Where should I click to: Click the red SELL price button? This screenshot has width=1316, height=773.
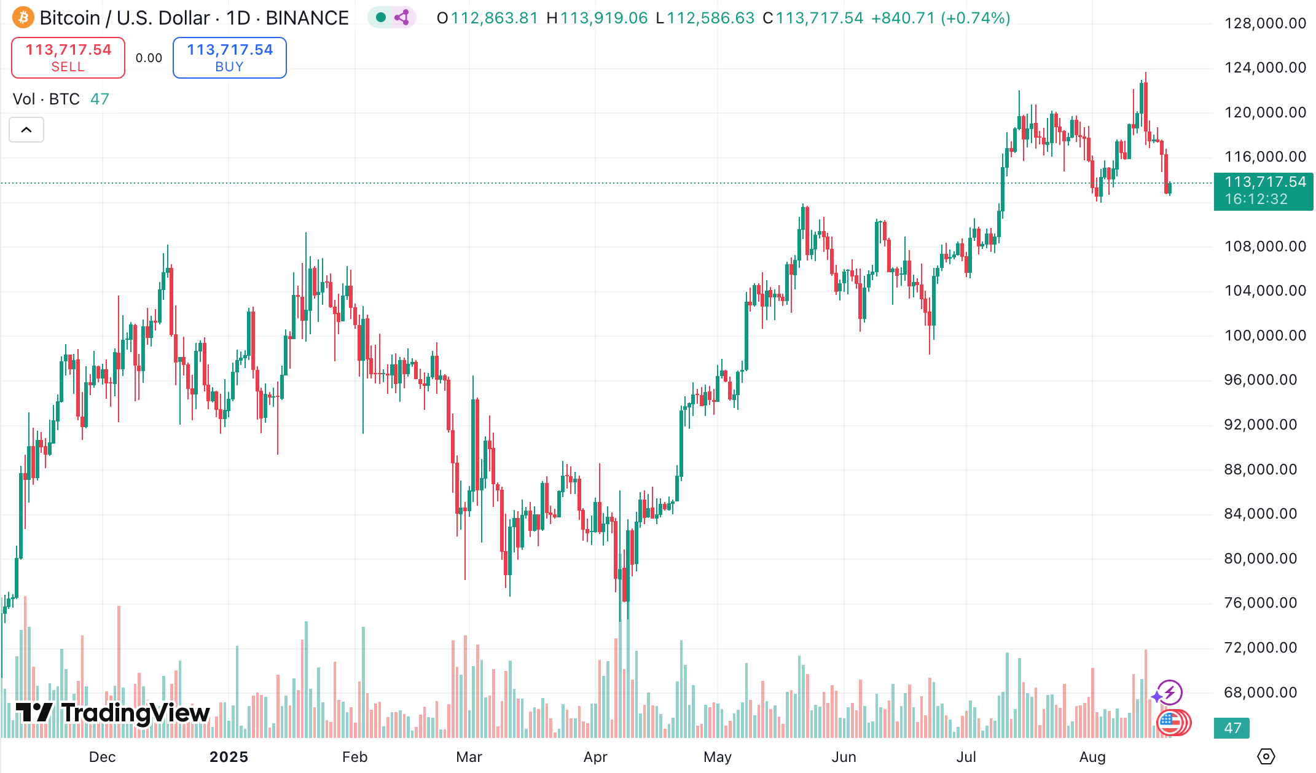[68, 58]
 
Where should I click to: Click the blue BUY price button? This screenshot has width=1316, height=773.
[230, 58]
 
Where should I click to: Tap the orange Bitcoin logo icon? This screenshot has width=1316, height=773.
[23, 17]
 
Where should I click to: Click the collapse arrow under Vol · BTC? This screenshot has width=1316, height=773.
[26, 130]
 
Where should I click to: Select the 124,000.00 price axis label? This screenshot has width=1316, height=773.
[1265, 68]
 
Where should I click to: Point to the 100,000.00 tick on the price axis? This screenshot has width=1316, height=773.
[1265, 335]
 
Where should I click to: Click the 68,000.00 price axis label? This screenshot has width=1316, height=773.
[1261, 693]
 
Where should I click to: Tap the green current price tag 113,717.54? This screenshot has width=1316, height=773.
[1263, 190]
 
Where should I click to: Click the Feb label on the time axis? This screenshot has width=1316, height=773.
[354, 757]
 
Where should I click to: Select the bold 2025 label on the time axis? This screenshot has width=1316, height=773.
[229, 757]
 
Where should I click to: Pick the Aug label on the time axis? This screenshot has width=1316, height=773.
[1092, 757]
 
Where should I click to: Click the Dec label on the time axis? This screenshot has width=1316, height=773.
[102, 757]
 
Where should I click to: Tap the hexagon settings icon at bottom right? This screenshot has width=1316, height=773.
[1266, 756]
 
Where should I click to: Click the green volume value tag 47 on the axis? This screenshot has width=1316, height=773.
[1232, 728]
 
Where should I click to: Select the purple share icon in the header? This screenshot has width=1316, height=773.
[402, 17]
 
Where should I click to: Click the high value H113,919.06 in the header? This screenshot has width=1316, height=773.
[597, 18]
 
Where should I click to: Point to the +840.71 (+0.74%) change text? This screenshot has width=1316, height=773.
[941, 18]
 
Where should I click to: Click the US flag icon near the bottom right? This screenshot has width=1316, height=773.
[1170, 723]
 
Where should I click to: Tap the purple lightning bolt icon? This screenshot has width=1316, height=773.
[1170, 693]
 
